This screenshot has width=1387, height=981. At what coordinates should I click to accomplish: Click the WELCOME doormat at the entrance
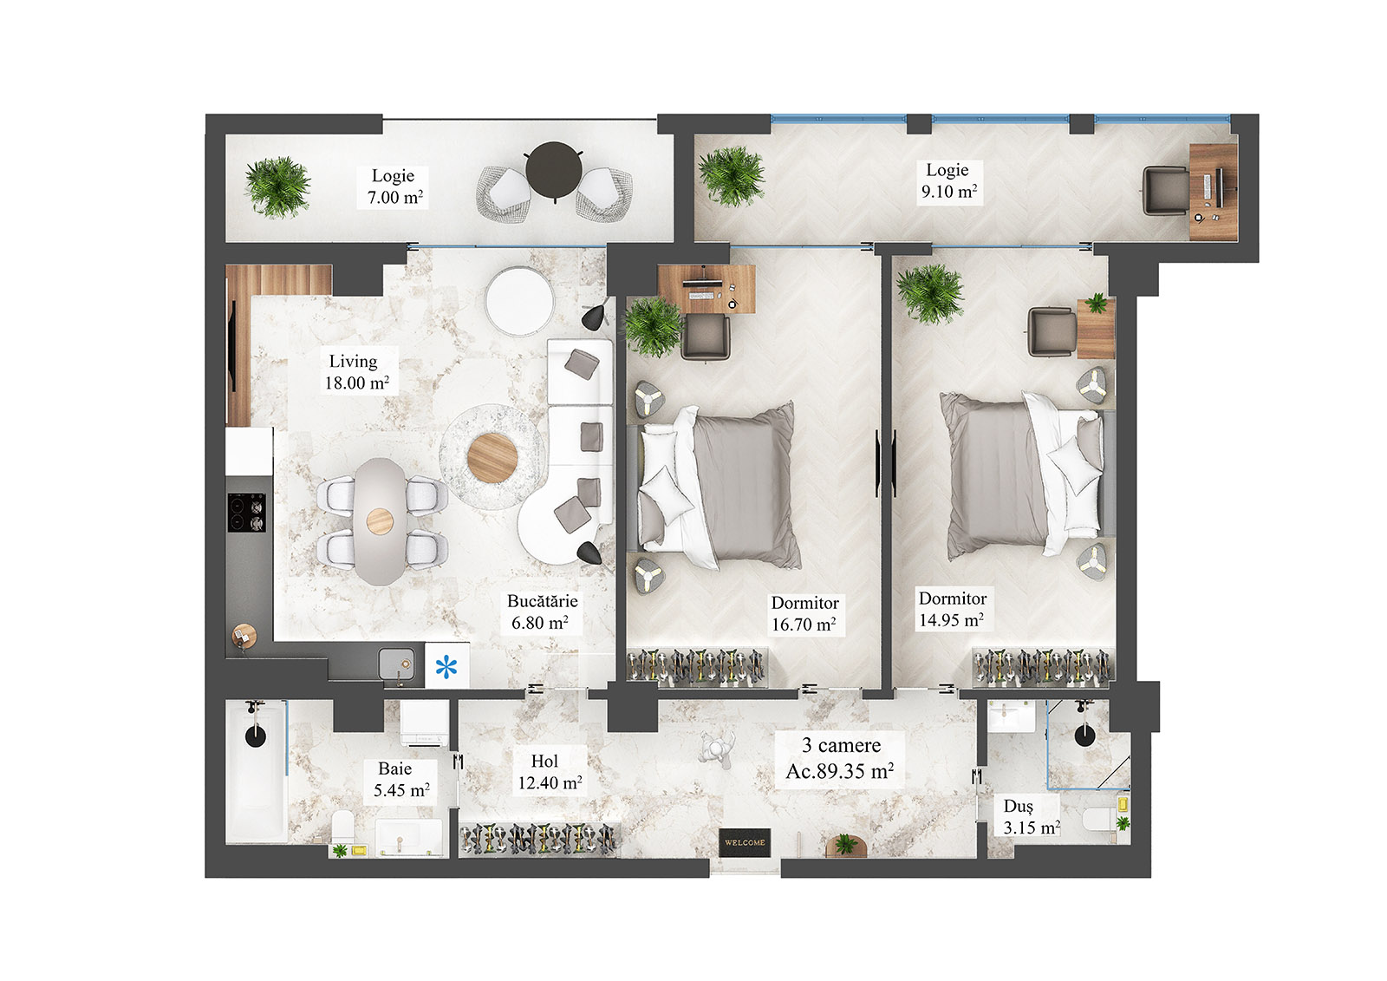[x=745, y=842]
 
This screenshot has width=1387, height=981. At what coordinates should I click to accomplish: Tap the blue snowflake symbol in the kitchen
[x=446, y=667]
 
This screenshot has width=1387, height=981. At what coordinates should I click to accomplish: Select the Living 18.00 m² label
[x=356, y=372]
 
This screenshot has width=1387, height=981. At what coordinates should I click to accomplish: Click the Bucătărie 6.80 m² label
[x=541, y=611]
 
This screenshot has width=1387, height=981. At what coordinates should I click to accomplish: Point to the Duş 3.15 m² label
[x=1030, y=817]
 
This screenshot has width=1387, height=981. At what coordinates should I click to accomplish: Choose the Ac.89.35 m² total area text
[x=839, y=771]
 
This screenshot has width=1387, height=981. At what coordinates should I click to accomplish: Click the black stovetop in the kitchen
[x=247, y=512]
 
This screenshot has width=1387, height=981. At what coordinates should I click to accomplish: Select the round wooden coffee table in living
[x=492, y=457]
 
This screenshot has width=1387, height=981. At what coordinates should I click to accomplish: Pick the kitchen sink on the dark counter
[x=397, y=664]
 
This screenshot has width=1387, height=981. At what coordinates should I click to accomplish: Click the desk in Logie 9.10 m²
[x=1213, y=192]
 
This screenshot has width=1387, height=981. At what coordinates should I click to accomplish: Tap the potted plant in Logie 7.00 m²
[x=277, y=186]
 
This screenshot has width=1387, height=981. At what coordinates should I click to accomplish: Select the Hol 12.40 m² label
[x=548, y=772]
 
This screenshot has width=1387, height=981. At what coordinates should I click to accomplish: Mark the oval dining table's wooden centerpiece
[x=380, y=521]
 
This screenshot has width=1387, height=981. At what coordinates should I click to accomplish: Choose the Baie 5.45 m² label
[x=400, y=780]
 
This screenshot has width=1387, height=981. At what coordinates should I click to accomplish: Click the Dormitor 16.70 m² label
[x=804, y=613]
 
